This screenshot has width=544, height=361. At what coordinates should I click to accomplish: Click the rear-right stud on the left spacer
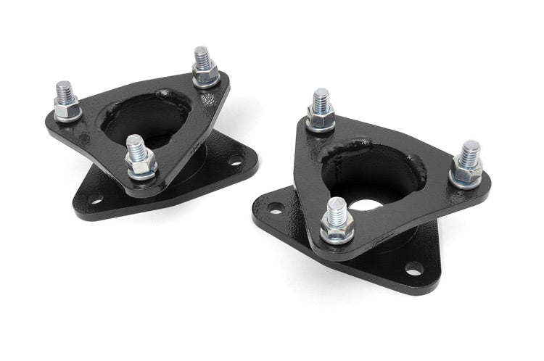pyautogui.click(x=202, y=58)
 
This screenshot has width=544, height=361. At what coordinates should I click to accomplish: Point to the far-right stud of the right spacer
pyautogui.click(x=469, y=152)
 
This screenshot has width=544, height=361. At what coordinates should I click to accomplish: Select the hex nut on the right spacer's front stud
pyautogui.click(x=337, y=231)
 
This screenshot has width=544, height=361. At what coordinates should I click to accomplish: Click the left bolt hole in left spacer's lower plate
pyautogui.click(x=94, y=197)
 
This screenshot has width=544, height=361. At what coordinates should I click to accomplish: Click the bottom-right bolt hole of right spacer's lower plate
pyautogui.click(x=413, y=268)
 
